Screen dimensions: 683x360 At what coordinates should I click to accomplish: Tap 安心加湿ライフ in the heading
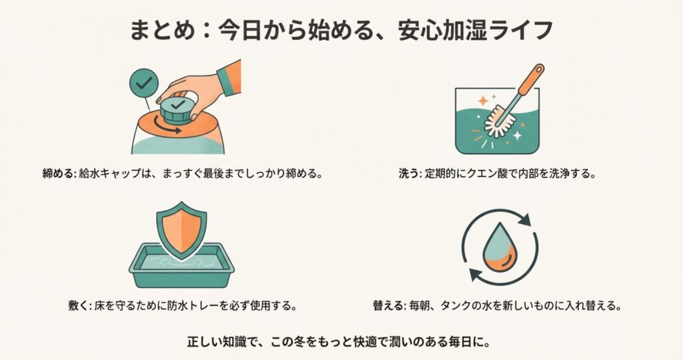(x=476, y=31)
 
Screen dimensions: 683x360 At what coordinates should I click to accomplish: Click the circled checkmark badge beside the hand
(x=144, y=83)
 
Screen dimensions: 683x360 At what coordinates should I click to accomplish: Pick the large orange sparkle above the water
(x=482, y=101)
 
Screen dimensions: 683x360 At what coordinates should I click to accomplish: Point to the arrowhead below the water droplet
(x=475, y=275)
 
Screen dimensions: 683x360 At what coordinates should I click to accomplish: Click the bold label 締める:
(x=59, y=174)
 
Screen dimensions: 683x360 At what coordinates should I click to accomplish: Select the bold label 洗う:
(x=410, y=174)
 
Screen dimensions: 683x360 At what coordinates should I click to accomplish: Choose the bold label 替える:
(x=390, y=305)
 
